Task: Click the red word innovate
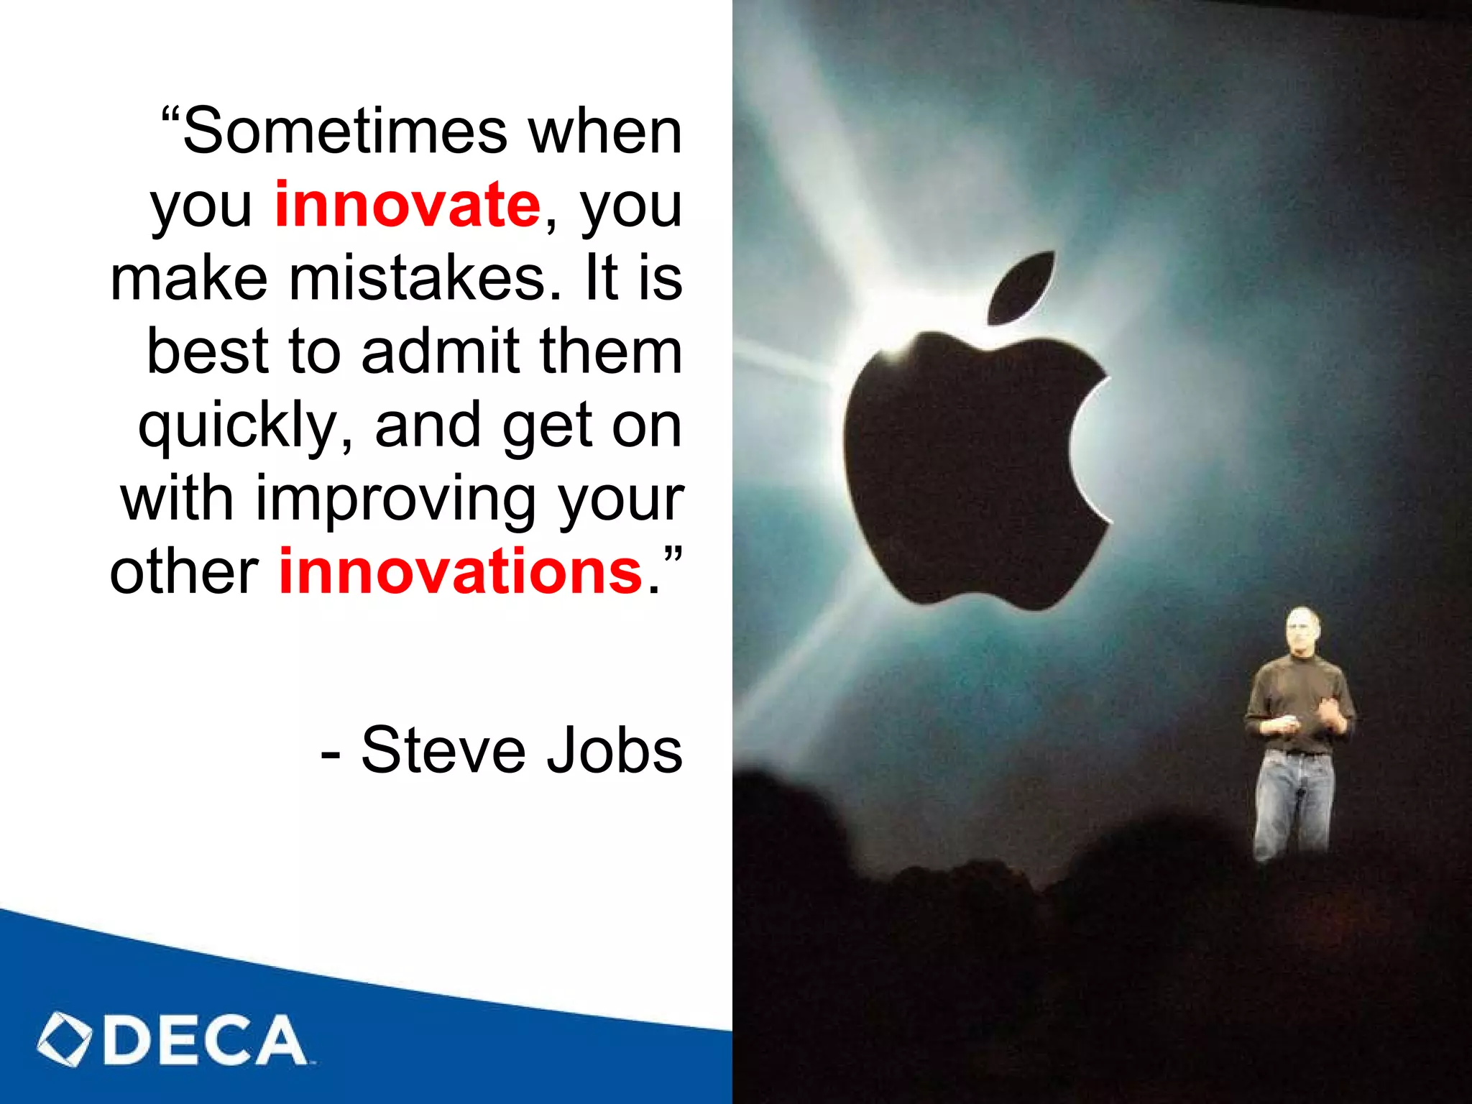point(407,205)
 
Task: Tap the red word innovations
point(460,572)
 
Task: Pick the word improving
point(396,499)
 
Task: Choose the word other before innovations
point(184,573)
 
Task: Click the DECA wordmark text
point(205,1040)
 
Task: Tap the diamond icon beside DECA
point(65,1039)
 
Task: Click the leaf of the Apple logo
point(1021,287)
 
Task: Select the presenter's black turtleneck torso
point(1298,694)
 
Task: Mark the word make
point(189,278)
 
